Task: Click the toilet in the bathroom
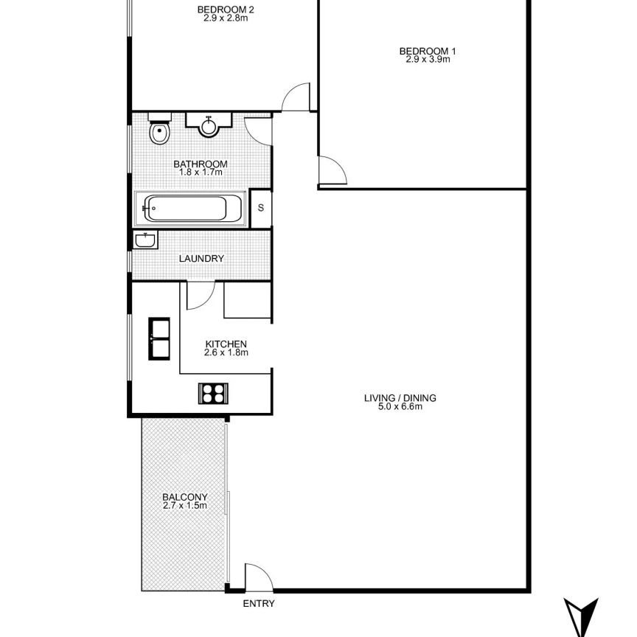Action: point(159,130)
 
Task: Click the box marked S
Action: point(260,207)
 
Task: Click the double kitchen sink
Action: point(161,338)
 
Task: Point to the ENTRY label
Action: point(258,604)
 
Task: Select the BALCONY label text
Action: point(184,496)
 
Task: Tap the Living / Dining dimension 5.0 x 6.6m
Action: point(400,407)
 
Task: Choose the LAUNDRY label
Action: point(202,259)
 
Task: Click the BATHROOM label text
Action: point(200,164)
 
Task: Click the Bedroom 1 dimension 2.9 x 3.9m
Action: point(428,60)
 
